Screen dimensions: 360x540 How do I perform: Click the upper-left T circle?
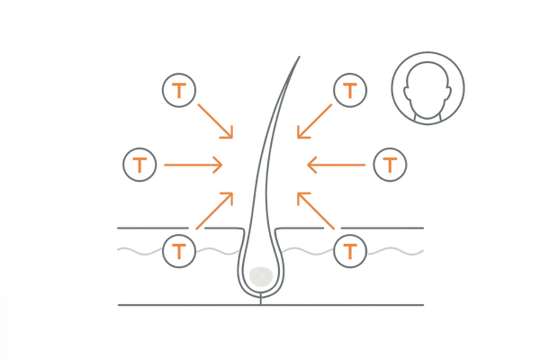pos(180,90)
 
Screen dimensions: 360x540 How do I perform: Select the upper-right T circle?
pos(348,90)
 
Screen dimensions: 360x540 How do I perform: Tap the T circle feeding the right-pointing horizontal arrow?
pos(141,165)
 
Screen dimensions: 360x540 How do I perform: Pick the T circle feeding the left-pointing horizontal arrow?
pos(388,165)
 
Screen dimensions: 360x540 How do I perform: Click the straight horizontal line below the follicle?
pos(270,305)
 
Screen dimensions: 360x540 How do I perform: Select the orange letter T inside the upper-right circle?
pos(348,90)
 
